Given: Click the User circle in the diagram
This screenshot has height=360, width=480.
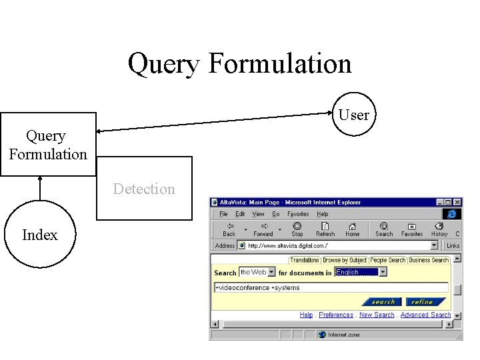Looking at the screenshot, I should [x=353, y=114].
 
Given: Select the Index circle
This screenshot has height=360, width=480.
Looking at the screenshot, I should [x=40, y=235].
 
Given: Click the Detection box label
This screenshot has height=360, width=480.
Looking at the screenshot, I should [x=144, y=189].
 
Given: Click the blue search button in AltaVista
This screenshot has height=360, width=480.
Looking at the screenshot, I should [x=383, y=302].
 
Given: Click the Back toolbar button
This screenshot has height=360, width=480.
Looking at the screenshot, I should [x=229, y=230].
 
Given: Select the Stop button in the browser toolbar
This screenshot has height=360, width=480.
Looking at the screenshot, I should [x=297, y=230].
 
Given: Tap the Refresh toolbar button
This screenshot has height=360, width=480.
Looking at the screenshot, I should [x=325, y=230].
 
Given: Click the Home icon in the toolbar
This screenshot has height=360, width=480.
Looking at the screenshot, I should [x=352, y=230].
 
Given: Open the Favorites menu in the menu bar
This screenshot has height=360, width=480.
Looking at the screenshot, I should [x=298, y=214].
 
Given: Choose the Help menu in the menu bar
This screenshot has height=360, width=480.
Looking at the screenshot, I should [x=323, y=214].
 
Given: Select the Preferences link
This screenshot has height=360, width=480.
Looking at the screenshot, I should [x=336, y=315].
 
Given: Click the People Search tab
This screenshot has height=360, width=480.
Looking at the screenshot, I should [x=388, y=260].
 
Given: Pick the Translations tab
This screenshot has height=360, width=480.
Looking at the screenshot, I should [x=305, y=260].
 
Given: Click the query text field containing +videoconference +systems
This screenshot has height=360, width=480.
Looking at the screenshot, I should [x=331, y=288].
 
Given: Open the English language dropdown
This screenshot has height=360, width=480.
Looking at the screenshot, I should [x=357, y=272].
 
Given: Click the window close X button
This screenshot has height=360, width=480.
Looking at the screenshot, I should [x=457, y=202].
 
